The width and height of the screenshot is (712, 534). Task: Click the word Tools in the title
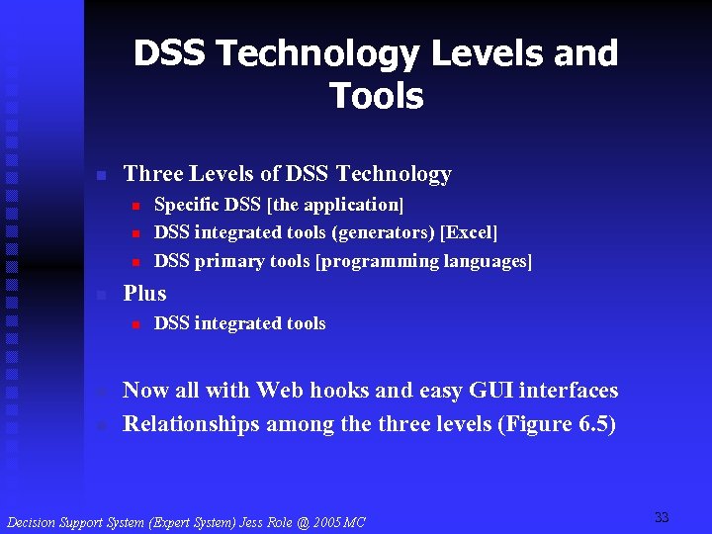click(x=376, y=97)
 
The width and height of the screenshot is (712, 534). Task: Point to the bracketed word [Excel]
click(x=470, y=232)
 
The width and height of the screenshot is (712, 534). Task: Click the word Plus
click(x=144, y=294)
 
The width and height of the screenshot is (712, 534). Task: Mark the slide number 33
click(x=662, y=517)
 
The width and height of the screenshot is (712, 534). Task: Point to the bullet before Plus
click(x=100, y=295)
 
